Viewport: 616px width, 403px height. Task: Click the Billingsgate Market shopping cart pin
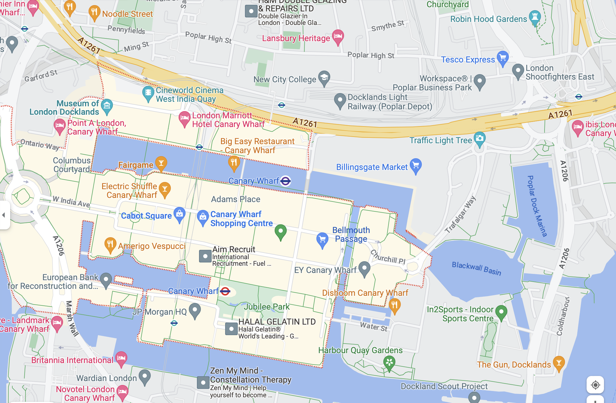pyautogui.click(x=416, y=165)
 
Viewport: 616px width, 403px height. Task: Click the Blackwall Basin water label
pyautogui.click(x=476, y=268)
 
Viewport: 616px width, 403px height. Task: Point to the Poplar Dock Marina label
pyautogui.click(x=537, y=206)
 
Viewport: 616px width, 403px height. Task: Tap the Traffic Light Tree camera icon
pyautogui.click(x=479, y=138)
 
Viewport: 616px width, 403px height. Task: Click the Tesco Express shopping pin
pyautogui.click(x=503, y=58)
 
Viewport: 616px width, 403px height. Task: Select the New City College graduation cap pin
pyautogui.click(x=324, y=77)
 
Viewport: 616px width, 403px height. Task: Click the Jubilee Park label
pyautogui.click(x=267, y=307)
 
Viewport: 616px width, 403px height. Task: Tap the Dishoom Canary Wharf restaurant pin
pyautogui.click(x=394, y=305)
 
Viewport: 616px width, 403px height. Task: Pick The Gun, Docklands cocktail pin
pyautogui.click(x=559, y=363)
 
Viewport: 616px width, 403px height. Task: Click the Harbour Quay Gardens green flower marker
pyautogui.click(x=389, y=362)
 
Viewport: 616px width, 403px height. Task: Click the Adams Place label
pyautogui.click(x=236, y=199)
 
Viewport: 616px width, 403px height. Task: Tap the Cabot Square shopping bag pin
pyautogui.click(x=180, y=214)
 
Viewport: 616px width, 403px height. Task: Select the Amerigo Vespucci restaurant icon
pyautogui.click(x=110, y=244)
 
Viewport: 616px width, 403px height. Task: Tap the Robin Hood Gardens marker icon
pyautogui.click(x=535, y=17)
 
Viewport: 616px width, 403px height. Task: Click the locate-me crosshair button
pyautogui.click(x=595, y=385)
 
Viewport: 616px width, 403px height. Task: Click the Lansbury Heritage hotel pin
pyautogui.click(x=338, y=36)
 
